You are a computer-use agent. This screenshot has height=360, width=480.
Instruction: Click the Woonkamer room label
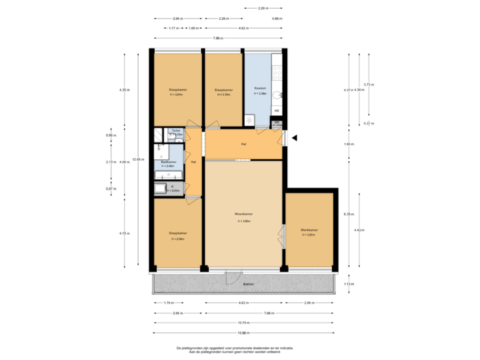click(x=242, y=214)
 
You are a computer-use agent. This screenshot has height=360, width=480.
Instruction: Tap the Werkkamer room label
click(x=309, y=230)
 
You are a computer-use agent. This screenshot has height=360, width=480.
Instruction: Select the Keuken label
click(x=260, y=88)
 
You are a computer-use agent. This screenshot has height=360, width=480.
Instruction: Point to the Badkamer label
click(x=168, y=162)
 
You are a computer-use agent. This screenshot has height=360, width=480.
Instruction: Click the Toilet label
click(x=175, y=131)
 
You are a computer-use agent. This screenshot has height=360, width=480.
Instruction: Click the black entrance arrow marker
click(x=294, y=138)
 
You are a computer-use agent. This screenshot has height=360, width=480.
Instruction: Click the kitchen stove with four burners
click(x=277, y=67)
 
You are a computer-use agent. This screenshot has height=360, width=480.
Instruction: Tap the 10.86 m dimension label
click(x=244, y=332)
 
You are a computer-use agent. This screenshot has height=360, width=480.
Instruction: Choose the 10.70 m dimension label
click(x=244, y=322)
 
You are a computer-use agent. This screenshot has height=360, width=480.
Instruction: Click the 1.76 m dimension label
click(x=169, y=303)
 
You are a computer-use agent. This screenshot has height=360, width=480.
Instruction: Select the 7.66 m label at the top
click(x=218, y=38)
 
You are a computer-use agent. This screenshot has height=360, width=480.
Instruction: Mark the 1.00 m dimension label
click(x=193, y=28)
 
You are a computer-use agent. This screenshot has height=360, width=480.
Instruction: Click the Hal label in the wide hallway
click(x=245, y=144)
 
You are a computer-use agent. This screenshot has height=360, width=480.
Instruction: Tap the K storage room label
click(x=173, y=187)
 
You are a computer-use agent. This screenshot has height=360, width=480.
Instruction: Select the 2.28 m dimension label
click(x=264, y=8)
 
